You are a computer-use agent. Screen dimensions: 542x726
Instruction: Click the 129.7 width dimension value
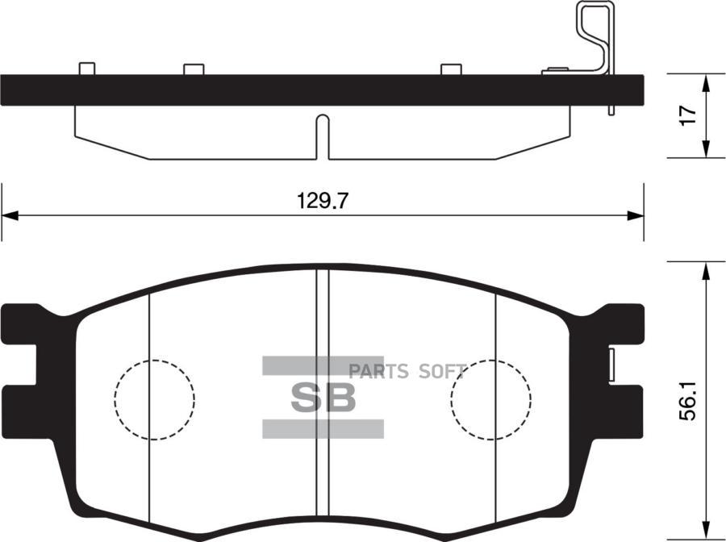point(322,202)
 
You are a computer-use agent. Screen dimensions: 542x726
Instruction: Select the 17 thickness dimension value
point(686,115)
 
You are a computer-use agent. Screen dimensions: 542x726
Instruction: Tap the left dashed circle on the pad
point(154,399)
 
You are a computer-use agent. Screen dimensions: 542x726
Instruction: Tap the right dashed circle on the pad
point(490,399)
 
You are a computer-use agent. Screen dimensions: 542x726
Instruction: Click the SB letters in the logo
point(323,398)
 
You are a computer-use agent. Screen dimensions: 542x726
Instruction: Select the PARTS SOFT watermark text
point(407,372)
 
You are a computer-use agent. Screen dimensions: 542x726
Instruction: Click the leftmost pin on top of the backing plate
point(87,69)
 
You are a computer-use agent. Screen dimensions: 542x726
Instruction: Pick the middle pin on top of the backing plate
point(194,69)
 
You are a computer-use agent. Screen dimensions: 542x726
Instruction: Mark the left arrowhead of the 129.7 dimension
point(9,216)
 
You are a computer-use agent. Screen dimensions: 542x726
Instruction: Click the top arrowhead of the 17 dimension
point(706,81)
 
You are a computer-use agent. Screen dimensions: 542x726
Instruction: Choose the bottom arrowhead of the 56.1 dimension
point(706,532)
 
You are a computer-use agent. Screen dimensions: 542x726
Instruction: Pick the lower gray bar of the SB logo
point(323,428)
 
